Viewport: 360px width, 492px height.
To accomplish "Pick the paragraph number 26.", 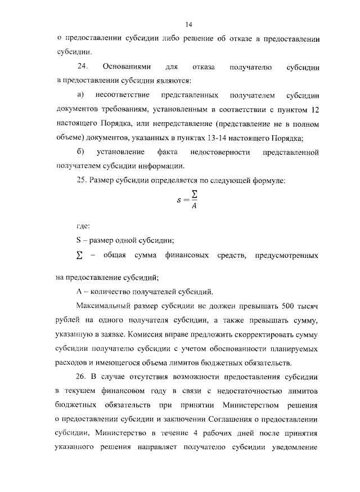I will point(82,375).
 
